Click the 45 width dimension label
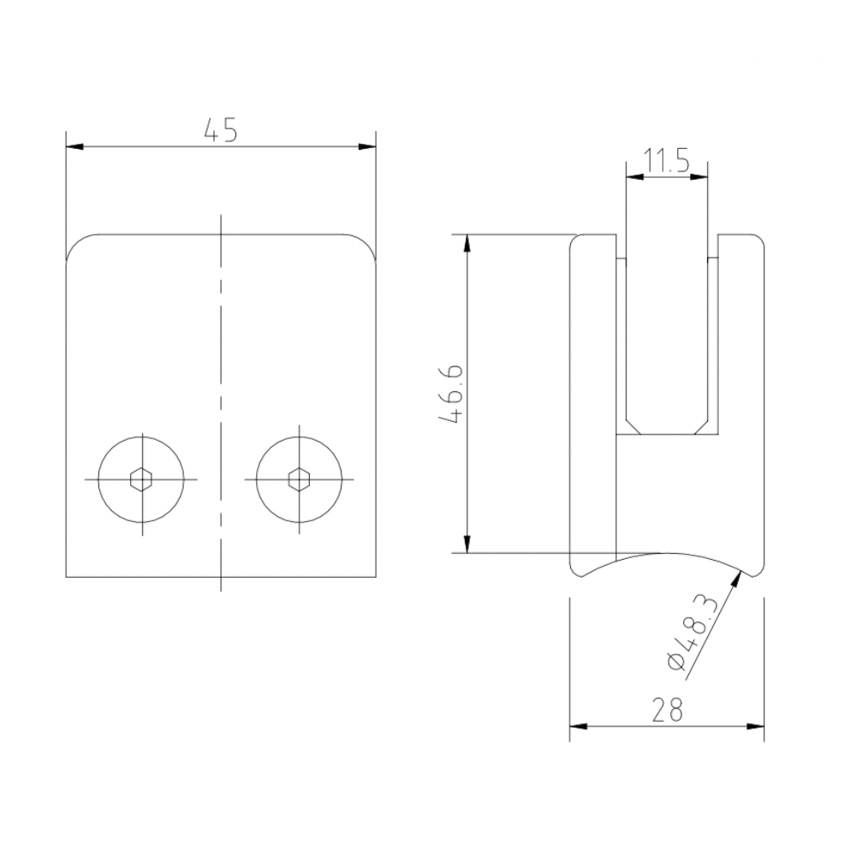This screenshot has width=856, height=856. pyautogui.click(x=221, y=130)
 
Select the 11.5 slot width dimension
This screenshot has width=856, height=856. pyautogui.click(x=666, y=161)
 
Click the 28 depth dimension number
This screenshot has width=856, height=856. pyautogui.click(x=667, y=710)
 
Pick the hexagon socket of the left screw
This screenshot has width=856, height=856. pyautogui.click(x=141, y=479)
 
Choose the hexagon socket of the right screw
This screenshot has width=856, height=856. pyautogui.click(x=299, y=479)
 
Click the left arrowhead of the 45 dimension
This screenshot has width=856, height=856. pyautogui.click(x=74, y=147)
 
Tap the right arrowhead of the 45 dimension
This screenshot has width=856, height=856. pyautogui.click(x=367, y=147)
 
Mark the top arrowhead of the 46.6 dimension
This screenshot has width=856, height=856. pyautogui.click(x=467, y=243)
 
